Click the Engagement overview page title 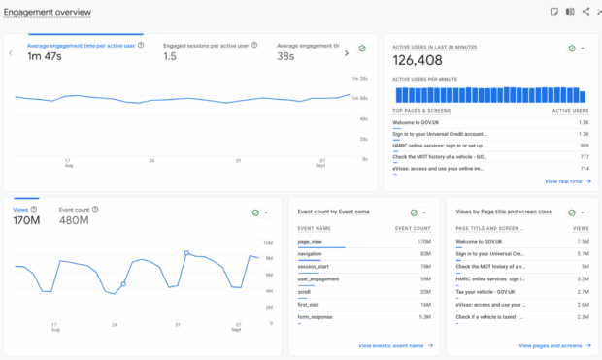[48, 12]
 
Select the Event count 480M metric [74, 220]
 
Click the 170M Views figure [26, 220]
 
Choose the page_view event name [310, 241]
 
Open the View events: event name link [394, 345]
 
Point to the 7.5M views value [583, 241]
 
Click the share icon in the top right [585, 12]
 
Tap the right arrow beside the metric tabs [346, 52]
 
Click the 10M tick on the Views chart [268, 242]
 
